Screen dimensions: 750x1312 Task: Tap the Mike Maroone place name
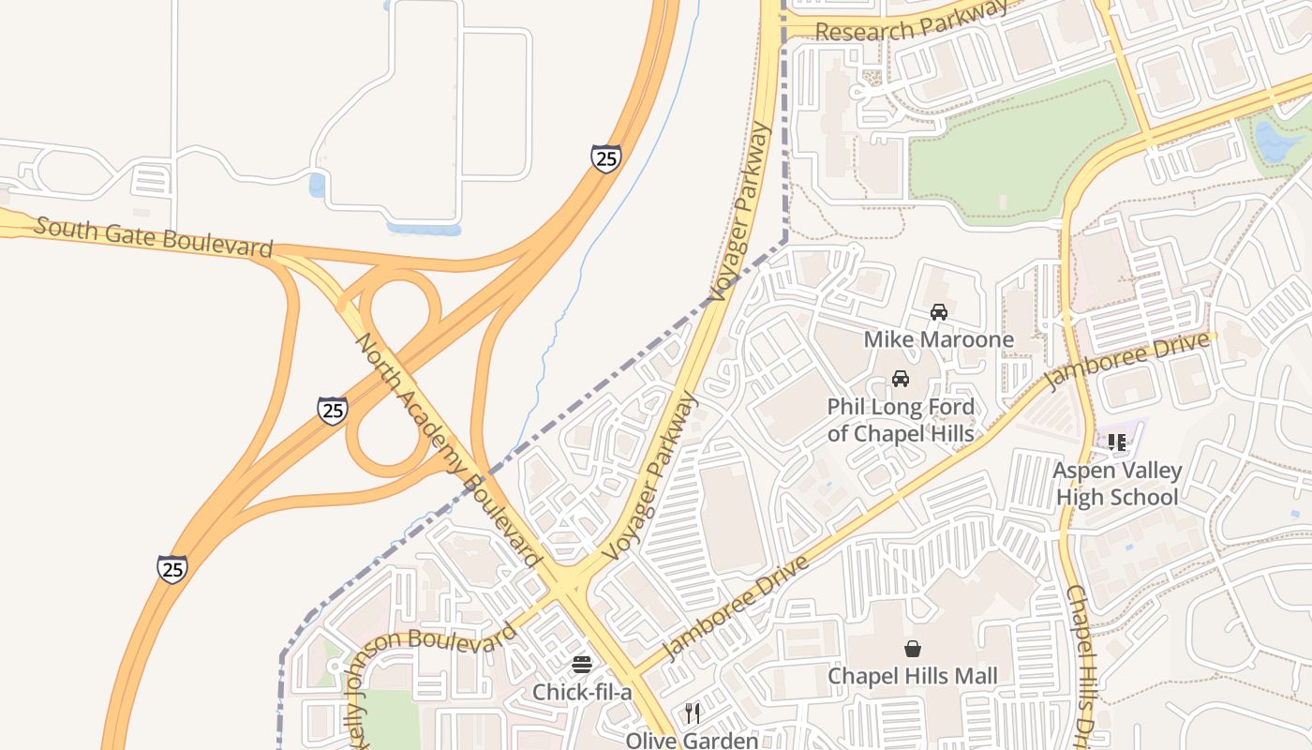[938, 339]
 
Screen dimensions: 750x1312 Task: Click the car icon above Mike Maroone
[938, 312]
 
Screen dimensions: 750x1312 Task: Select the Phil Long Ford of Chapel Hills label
[901, 420]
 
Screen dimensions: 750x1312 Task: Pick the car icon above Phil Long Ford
[901, 379]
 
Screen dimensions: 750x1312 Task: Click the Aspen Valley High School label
[1117, 484]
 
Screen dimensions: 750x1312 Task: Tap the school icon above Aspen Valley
[1116, 442]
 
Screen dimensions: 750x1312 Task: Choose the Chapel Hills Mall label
[912, 676]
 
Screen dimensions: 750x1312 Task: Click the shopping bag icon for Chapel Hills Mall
[912, 649]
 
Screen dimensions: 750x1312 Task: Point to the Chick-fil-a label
[582, 692]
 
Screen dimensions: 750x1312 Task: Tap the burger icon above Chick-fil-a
[582, 665]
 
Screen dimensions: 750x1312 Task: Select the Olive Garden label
[692, 741]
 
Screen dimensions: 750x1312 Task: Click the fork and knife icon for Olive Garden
[693, 713]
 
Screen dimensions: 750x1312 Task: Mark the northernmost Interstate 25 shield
[606, 158]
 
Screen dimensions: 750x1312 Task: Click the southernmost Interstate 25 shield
[171, 568]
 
